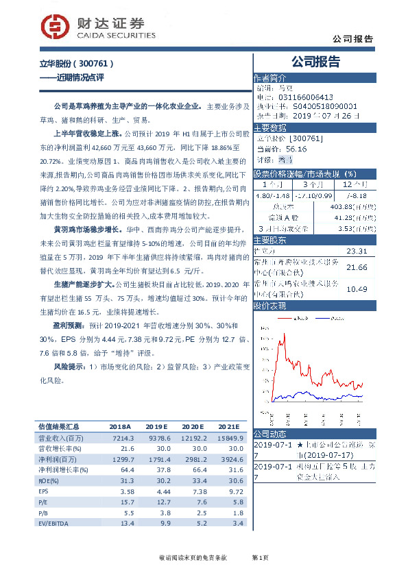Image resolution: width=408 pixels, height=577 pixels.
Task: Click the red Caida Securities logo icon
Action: [53, 27]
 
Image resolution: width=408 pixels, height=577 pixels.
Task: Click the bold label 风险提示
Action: [67, 367]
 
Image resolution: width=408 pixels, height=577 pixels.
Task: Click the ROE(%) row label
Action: [49, 481]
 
